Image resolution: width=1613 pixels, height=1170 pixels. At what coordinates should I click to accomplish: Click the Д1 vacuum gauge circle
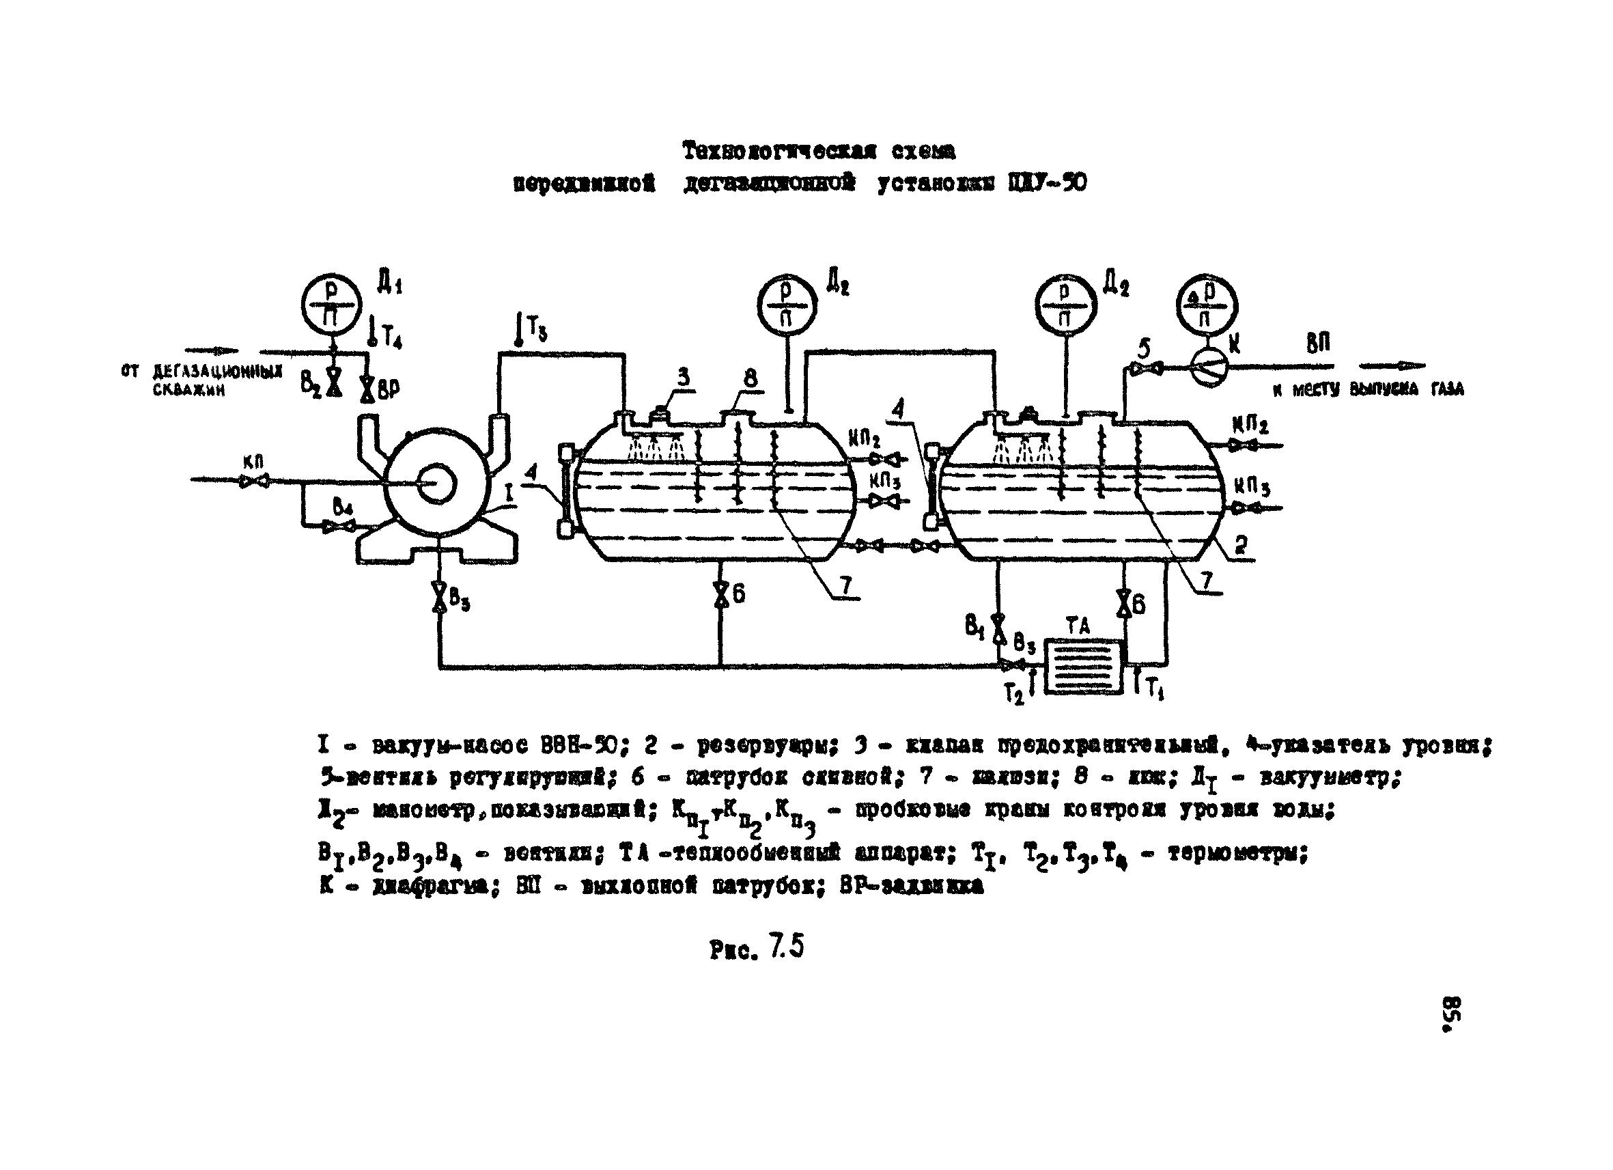pyautogui.click(x=331, y=304)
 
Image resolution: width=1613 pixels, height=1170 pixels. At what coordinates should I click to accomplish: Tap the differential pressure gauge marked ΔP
pyautogui.click(x=1206, y=305)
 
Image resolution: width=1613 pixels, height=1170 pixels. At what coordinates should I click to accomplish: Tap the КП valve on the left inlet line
pyautogui.click(x=255, y=481)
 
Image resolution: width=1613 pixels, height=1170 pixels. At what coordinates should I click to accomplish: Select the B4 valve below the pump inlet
pyautogui.click(x=339, y=527)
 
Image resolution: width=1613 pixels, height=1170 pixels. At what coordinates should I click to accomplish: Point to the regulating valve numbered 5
pyautogui.click(x=1143, y=367)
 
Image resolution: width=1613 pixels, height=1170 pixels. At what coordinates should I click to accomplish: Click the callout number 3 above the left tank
pyautogui.click(x=684, y=376)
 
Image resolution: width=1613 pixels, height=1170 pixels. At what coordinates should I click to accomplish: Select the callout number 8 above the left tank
pyautogui.click(x=751, y=378)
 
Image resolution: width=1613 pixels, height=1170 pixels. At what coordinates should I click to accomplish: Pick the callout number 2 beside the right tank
pyautogui.click(x=1241, y=545)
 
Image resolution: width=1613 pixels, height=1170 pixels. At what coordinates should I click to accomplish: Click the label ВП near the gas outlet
pyautogui.click(x=1318, y=344)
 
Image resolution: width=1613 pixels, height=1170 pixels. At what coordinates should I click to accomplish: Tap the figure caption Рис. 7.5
pyautogui.click(x=756, y=948)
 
